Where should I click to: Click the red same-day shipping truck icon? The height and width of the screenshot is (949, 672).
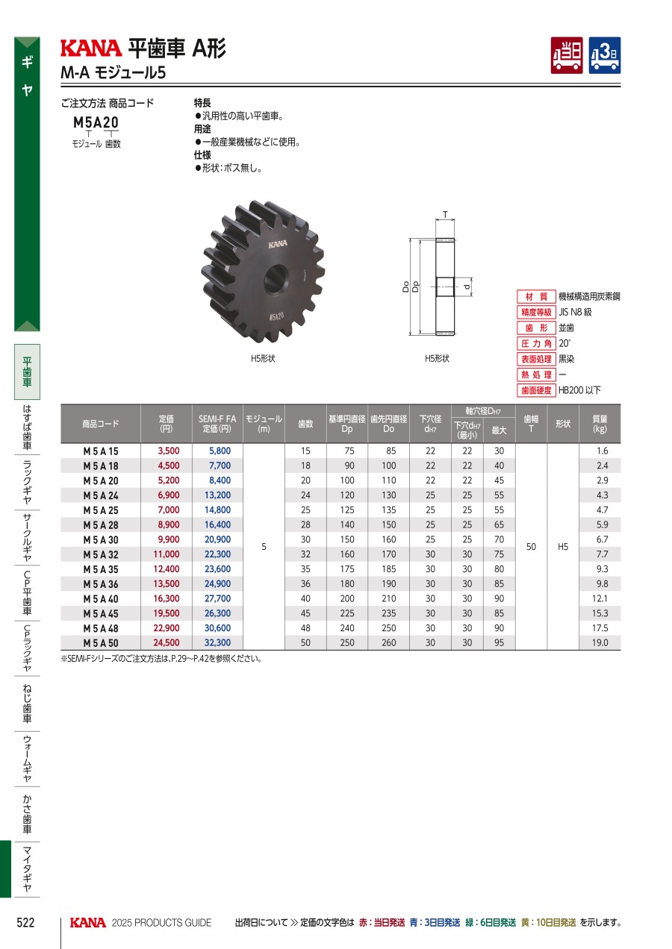click(x=567, y=55)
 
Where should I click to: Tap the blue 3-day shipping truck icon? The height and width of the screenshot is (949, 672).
click(x=605, y=55)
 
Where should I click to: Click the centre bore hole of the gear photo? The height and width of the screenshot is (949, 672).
click(x=276, y=279)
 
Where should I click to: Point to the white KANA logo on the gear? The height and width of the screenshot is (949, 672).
click(x=278, y=244)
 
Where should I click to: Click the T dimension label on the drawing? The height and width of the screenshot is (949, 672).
click(x=445, y=215)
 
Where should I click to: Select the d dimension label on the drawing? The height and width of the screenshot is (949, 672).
click(x=467, y=286)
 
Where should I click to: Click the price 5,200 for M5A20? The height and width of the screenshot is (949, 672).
click(x=169, y=480)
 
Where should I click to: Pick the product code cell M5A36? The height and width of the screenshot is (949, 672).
click(x=101, y=584)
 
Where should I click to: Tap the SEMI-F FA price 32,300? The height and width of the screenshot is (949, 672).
click(x=217, y=642)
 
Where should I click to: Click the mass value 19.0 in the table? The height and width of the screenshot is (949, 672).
click(x=600, y=642)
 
